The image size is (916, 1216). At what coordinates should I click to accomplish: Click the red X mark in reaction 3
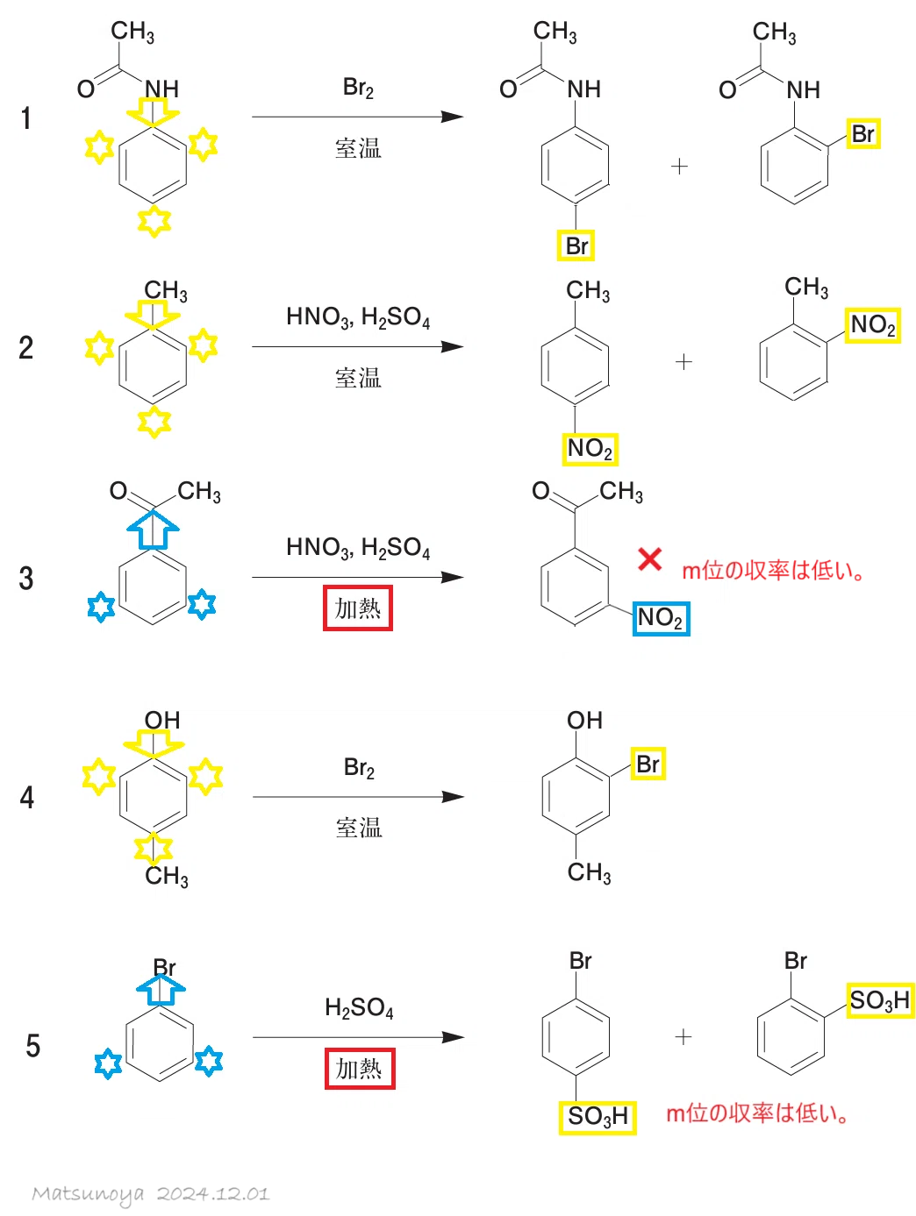[x=649, y=559]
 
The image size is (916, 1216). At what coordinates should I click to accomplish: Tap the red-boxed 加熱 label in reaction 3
[x=357, y=608]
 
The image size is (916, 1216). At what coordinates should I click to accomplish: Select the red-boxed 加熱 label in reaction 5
[x=360, y=1068]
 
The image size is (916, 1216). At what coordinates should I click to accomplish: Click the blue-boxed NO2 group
[x=661, y=618]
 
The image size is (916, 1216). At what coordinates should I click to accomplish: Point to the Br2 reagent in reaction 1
[x=358, y=88]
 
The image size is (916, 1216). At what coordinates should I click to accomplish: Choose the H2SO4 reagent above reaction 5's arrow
[x=359, y=1008]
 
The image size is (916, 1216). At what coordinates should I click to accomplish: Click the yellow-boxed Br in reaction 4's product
[x=648, y=764]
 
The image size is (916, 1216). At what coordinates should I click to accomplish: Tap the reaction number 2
[x=26, y=348]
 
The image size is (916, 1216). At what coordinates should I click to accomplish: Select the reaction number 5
[x=32, y=1045]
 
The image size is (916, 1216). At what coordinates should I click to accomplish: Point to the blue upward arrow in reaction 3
[x=153, y=530]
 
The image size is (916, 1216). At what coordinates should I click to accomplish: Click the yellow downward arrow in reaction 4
[x=154, y=743]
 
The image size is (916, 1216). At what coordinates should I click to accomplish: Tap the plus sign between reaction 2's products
[x=683, y=362]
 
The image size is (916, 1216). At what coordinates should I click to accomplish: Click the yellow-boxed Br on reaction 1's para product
[x=576, y=245]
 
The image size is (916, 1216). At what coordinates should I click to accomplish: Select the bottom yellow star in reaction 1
[x=154, y=221]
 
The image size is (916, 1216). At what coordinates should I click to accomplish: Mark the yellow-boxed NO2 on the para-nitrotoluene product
[x=590, y=449]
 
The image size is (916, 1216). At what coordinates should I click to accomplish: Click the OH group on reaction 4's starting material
[x=162, y=720]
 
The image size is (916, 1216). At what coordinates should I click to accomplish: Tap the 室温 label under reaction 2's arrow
[x=358, y=379]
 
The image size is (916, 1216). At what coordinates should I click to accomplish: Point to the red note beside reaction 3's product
[x=773, y=570]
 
